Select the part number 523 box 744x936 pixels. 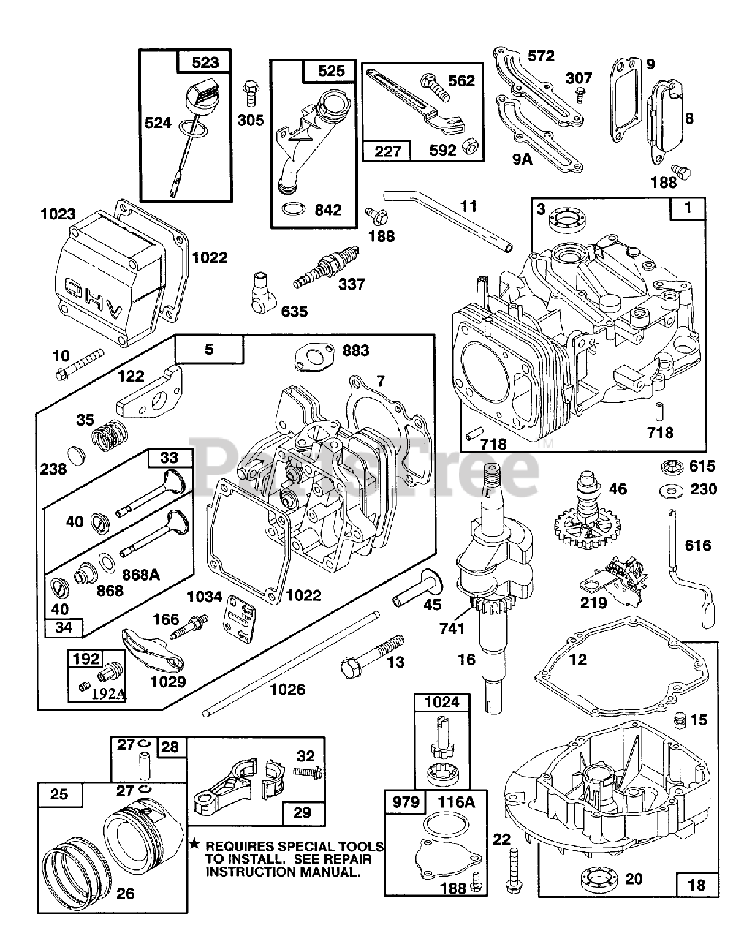(x=205, y=62)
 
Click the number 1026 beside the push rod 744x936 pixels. (x=287, y=690)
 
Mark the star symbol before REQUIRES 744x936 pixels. (x=194, y=845)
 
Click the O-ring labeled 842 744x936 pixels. (x=293, y=210)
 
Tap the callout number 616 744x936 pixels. (x=697, y=545)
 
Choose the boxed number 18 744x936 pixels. (x=697, y=885)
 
